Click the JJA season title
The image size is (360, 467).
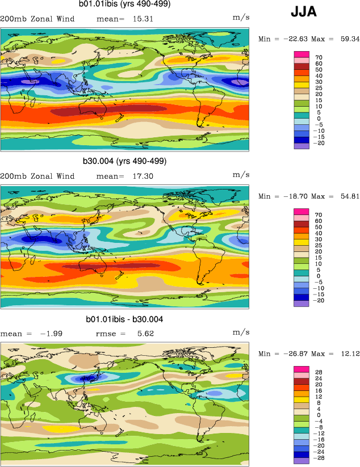pyautogui.click(x=304, y=11)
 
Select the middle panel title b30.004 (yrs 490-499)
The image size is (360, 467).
pyautogui.click(x=126, y=161)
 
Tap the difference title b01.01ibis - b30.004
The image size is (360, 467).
pyautogui.click(x=124, y=319)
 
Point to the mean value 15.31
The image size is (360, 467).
pyautogui.click(x=140, y=19)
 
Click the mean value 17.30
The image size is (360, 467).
pyautogui.click(x=140, y=177)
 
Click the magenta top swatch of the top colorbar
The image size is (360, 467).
pyautogui.click(x=301, y=54)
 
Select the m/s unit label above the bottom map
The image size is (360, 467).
pyautogui.click(x=241, y=333)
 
